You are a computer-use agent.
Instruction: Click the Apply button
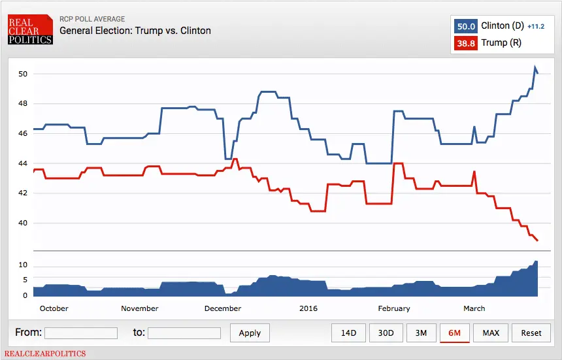click(250, 333)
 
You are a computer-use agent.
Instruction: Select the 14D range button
click(348, 333)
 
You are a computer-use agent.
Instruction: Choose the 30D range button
click(386, 333)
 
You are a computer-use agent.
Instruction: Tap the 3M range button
click(421, 333)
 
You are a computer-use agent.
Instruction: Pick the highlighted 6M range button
click(455, 333)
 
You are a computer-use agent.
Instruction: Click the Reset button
click(531, 333)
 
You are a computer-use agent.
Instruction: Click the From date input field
click(81, 333)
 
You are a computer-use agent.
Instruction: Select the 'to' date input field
click(184, 333)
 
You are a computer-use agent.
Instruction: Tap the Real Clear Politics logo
click(30, 30)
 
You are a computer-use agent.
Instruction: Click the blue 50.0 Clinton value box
click(465, 26)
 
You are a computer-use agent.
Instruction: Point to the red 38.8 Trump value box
click(465, 43)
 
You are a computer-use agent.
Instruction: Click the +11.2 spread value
click(535, 26)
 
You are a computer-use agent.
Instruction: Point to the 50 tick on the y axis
click(22, 74)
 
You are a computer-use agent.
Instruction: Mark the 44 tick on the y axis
click(22, 163)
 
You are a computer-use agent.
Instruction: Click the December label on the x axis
click(223, 308)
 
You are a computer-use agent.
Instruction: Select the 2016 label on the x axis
click(308, 308)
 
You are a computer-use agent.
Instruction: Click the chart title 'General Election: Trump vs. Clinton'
click(135, 31)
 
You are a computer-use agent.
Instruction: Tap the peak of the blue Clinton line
click(535, 67)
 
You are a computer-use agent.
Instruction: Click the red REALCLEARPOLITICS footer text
click(45, 353)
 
